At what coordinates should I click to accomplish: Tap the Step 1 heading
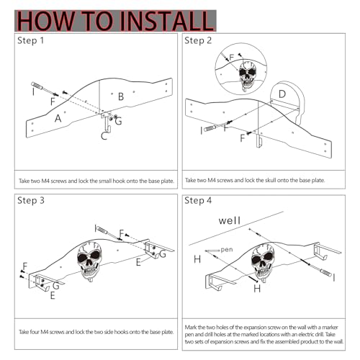[30, 40]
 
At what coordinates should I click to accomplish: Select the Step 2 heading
[198, 40]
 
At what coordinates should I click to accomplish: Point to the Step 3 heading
[31, 200]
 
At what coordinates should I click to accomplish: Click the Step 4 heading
[198, 200]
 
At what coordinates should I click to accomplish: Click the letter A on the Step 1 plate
[58, 118]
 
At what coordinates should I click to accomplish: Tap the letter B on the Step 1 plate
[121, 96]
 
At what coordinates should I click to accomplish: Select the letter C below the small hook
[104, 136]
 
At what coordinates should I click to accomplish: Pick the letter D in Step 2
[282, 94]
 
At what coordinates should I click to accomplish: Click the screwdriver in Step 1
[45, 89]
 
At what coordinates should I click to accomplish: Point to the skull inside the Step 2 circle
[247, 76]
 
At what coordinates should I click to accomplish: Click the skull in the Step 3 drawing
[89, 261]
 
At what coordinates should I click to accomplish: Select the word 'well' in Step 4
[229, 220]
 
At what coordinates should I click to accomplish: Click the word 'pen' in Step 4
[227, 250]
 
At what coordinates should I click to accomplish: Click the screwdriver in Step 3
[108, 233]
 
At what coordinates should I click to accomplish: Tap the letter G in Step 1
[118, 121]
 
